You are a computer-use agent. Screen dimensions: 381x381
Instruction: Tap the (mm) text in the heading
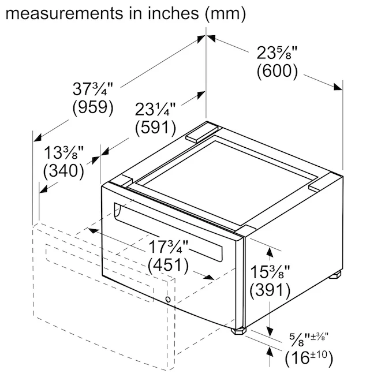[225, 14]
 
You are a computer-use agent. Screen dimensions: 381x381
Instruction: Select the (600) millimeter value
[277, 71]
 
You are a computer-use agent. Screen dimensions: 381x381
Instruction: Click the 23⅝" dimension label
[277, 53]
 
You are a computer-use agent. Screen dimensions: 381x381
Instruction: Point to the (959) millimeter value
[93, 107]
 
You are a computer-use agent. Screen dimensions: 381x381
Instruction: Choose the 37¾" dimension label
[93, 89]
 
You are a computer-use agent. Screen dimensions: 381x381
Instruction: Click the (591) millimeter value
[155, 127]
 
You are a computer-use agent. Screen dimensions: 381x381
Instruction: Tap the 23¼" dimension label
[155, 109]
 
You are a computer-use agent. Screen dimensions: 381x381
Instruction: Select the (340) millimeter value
[63, 170]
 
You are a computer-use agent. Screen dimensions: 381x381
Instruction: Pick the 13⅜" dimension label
[63, 152]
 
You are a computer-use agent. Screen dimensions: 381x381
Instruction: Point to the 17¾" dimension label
[169, 247]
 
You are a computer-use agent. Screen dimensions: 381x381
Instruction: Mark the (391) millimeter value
[270, 290]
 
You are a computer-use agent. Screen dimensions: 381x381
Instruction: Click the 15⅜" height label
[270, 272]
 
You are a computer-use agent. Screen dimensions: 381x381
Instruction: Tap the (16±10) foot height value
[309, 358]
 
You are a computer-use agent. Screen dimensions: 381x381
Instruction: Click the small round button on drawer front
[168, 300]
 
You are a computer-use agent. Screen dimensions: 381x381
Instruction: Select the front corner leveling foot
[238, 331]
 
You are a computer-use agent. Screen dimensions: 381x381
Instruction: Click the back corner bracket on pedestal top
[202, 132]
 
